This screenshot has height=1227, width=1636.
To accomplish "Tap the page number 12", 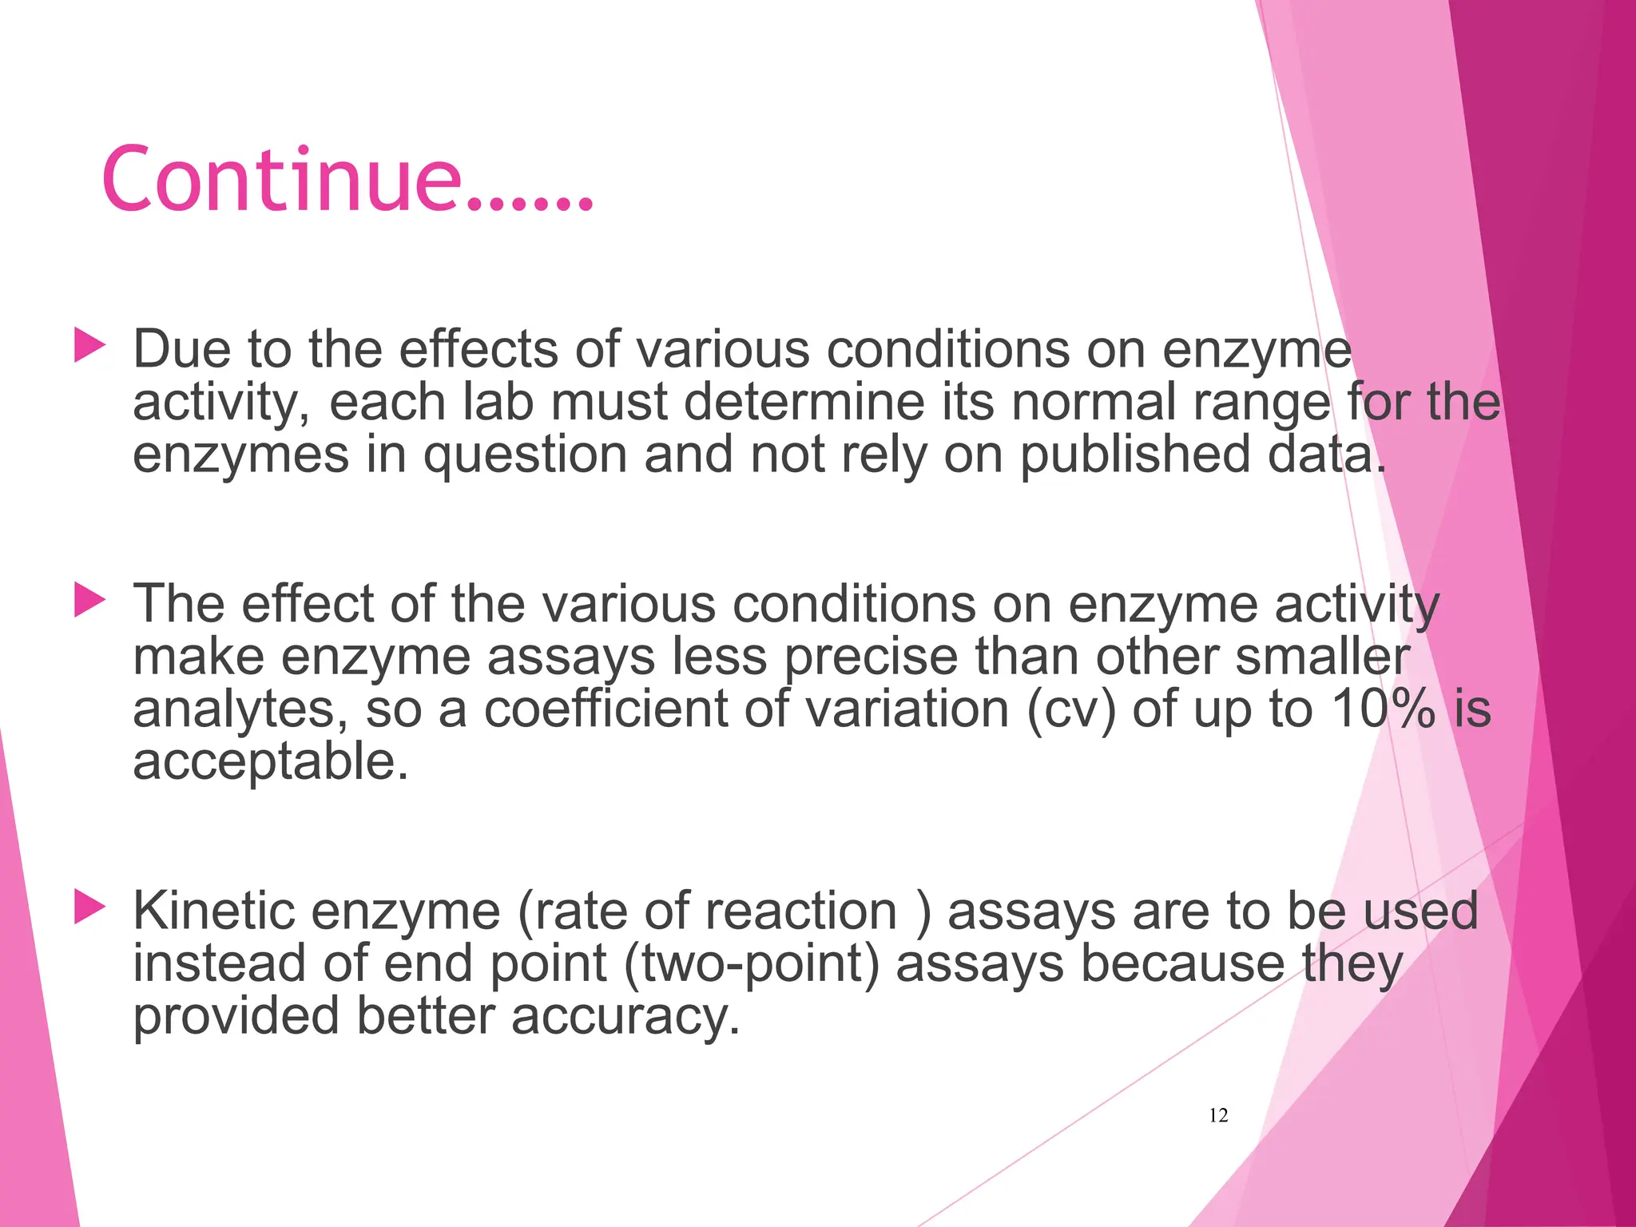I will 1218,1115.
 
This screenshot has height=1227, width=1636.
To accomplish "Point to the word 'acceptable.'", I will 270,761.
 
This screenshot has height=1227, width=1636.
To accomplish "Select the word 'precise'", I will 871,657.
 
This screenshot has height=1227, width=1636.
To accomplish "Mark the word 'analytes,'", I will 240,709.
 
